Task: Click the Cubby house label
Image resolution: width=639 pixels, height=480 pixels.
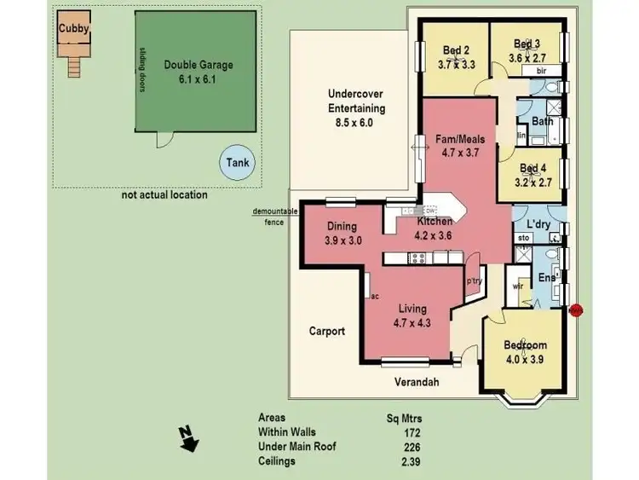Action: click(73, 28)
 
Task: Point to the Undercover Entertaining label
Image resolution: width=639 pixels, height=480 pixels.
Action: click(356, 108)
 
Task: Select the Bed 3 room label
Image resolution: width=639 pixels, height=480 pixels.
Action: click(527, 51)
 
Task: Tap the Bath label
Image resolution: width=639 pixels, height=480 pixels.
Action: click(542, 121)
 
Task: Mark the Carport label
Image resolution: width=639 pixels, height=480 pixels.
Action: click(326, 331)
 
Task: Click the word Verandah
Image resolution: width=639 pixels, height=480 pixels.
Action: click(417, 383)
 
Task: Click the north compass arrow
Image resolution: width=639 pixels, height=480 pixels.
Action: click(188, 438)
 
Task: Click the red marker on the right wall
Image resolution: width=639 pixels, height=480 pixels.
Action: click(576, 310)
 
